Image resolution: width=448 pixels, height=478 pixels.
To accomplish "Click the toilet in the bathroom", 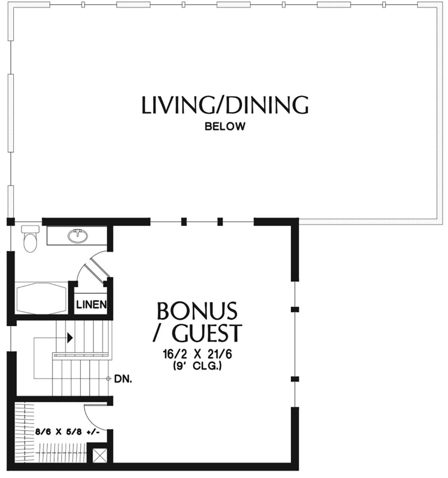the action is point(30,239).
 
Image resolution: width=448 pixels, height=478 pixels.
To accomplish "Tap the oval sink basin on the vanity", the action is point(78,236).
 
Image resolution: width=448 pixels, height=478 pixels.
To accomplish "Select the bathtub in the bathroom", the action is point(41,298).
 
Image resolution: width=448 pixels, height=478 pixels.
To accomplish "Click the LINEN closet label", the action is point(91,305).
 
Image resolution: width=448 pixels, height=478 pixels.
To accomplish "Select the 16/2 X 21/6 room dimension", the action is point(197,354).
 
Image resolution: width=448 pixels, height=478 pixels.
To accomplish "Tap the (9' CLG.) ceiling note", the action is point(197,366).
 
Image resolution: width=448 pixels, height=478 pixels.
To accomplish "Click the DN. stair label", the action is point(123,379).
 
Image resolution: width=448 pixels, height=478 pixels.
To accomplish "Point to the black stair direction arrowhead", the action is point(70,338).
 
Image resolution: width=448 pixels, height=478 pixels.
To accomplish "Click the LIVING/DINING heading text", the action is point(225,105).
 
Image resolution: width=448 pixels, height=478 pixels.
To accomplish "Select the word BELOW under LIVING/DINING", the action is point(225,127).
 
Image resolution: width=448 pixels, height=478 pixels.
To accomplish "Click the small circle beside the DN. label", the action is point(108,379).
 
